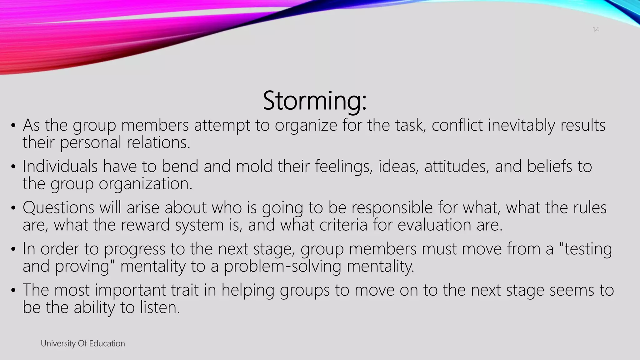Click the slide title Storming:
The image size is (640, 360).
tap(314, 101)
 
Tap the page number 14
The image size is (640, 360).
tap(596, 30)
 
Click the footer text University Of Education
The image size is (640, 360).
tap(83, 343)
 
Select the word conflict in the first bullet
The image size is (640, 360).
tap(457, 125)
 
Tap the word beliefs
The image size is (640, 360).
tap(550, 166)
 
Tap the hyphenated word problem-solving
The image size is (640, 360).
tap(282, 267)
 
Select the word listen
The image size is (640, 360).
tap(159, 307)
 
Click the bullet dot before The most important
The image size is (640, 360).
tap(13, 291)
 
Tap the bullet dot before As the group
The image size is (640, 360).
tap(13, 126)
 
